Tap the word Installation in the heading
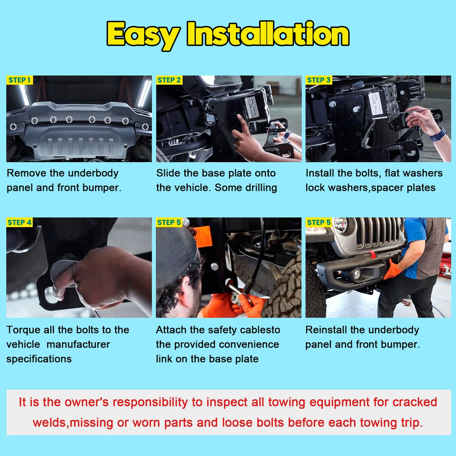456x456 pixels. click(x=268, y=33)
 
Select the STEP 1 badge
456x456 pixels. click(x=20, y=80)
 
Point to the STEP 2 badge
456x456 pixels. click(x=169, y=80)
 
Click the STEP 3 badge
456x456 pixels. click(x=319, y=80)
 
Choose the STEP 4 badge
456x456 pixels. click(x=20, y=223)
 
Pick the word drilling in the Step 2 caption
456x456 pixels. click(x=261, y=188)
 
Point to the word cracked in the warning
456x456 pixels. click(x=415, y=402)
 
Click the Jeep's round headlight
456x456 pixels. click(x=341, y=225)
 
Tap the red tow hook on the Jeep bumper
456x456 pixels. click(x=373, y=254)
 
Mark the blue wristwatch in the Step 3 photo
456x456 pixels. click(x=438, y=134)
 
